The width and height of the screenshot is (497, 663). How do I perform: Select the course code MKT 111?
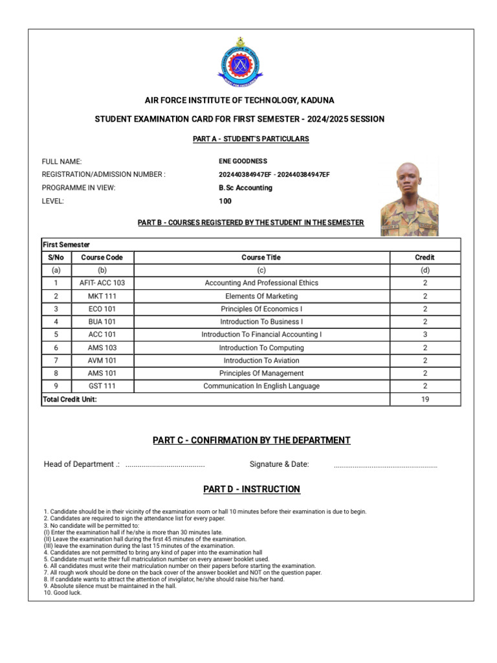click(x=102, y=296)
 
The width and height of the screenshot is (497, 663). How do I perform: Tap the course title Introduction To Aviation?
click(x=261, y=360)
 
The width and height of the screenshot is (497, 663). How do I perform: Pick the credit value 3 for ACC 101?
click(x=425, y=335)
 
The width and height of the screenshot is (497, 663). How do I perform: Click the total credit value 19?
click(x=425, y=399)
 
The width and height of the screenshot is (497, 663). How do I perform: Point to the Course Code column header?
click(x=102, y=257)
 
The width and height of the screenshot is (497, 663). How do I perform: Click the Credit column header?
click(x=425, y=257)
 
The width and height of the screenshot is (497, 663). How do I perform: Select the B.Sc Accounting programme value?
click(x=245, y=188)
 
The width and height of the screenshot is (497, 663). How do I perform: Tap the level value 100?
click(x=225, y=201)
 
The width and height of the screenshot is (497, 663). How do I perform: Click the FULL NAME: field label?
click(x=62, y=161)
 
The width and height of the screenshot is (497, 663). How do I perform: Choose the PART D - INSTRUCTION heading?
click(x=252, y=489)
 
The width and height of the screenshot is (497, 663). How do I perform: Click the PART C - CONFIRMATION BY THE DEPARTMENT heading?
click(x=252, y=440)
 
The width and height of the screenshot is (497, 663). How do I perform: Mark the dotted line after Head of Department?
click(x=165, y=465)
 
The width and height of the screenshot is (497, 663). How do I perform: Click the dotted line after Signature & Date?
click(x=385, y=465)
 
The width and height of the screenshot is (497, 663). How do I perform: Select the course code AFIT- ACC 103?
click(x=102, y=283)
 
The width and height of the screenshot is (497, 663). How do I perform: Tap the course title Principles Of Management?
click(x=261, y=373)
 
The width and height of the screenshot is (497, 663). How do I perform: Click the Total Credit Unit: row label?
click(x=70, y=399)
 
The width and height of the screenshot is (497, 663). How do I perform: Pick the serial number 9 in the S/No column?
click(x=56, y=386)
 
